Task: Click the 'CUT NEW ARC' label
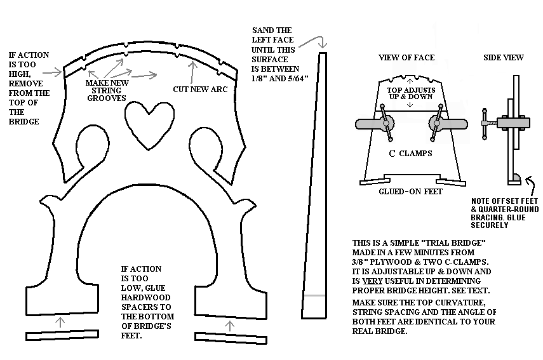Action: tap(200, 90)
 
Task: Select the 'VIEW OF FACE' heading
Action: tap(406, 58)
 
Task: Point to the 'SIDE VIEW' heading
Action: tap(504, 58)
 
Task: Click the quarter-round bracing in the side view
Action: tap(517, 177)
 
